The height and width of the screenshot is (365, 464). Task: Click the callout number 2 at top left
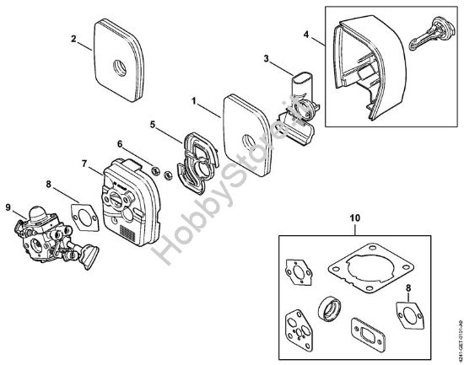tap(74, 38)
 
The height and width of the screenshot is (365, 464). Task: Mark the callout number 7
tap(84, 162)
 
